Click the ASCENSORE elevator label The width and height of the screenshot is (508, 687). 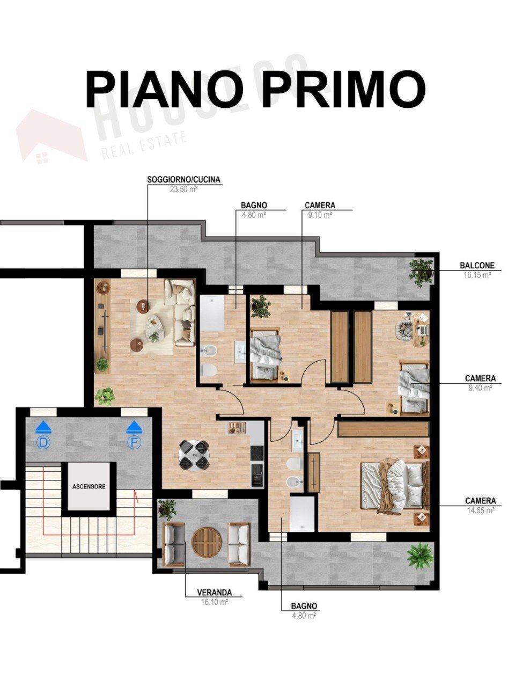pyautogui.click(x=89, y=487)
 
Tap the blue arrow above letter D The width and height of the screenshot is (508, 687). pyautogui.click(x=43, y=427)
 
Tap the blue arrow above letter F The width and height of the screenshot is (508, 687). pyautogui.click(x=134, y=427)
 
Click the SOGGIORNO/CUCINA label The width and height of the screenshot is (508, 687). pyautogui.click(x=184, y=180)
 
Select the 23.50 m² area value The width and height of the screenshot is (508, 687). pyautogui.click(x=184, y=189)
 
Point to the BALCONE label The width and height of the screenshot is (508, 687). pyautogui.click(x=477, y=266)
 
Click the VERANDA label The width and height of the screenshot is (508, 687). pyautogui.click(x=215, y=593)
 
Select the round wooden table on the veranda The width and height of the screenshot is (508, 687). pyautogui.click(x=207, y=542)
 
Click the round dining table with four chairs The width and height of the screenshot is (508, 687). pyautogui.click(x=194, y=455)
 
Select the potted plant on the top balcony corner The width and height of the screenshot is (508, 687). pyautogui.click(x=421, y=272)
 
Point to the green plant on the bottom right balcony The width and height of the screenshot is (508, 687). pyautogui.click(x=420, y=556)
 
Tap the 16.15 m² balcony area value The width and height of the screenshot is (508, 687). pyautogui.click(x=477, y=275)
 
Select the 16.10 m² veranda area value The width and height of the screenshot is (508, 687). pyautogui.click(x=215, y=602)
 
